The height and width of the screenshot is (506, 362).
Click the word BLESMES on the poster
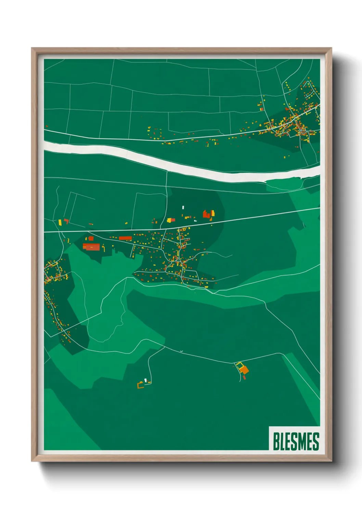click(296, 441)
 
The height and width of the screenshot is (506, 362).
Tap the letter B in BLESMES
click(276, 441)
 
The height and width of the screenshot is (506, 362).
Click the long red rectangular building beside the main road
click(126, 238)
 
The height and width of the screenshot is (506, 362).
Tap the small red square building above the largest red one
click(91, 238)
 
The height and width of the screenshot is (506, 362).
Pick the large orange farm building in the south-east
click(244, 370)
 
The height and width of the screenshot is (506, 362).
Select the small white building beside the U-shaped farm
click(146, 380)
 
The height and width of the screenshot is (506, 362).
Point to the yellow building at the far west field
click(60, 222)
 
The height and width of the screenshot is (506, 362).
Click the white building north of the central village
click(183, 208)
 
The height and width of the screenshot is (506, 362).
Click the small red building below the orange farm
click(244, 377)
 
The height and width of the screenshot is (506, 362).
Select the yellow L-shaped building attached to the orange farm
click(238, 364)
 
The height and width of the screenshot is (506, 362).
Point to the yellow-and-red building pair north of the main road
click(171, 220)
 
